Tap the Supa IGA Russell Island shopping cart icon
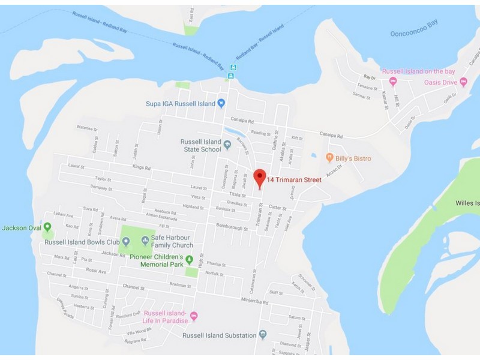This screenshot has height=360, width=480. pos(221,103)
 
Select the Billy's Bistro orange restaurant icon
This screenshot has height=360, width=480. pos(329,158)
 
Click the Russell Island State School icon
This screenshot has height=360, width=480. pos(227,145)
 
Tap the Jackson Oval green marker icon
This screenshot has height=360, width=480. pos(48,235)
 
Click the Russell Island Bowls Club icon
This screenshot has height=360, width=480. pos(126,242)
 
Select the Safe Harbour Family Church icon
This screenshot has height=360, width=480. pos(145,241)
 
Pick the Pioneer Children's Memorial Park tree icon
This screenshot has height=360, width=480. pos(190,260)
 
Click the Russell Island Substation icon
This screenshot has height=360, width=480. pos(262,335)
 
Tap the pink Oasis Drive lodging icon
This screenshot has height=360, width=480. pos(463,82)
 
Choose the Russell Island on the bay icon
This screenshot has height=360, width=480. pos(393,81)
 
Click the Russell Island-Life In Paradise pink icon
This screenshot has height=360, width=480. pos(193,316)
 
